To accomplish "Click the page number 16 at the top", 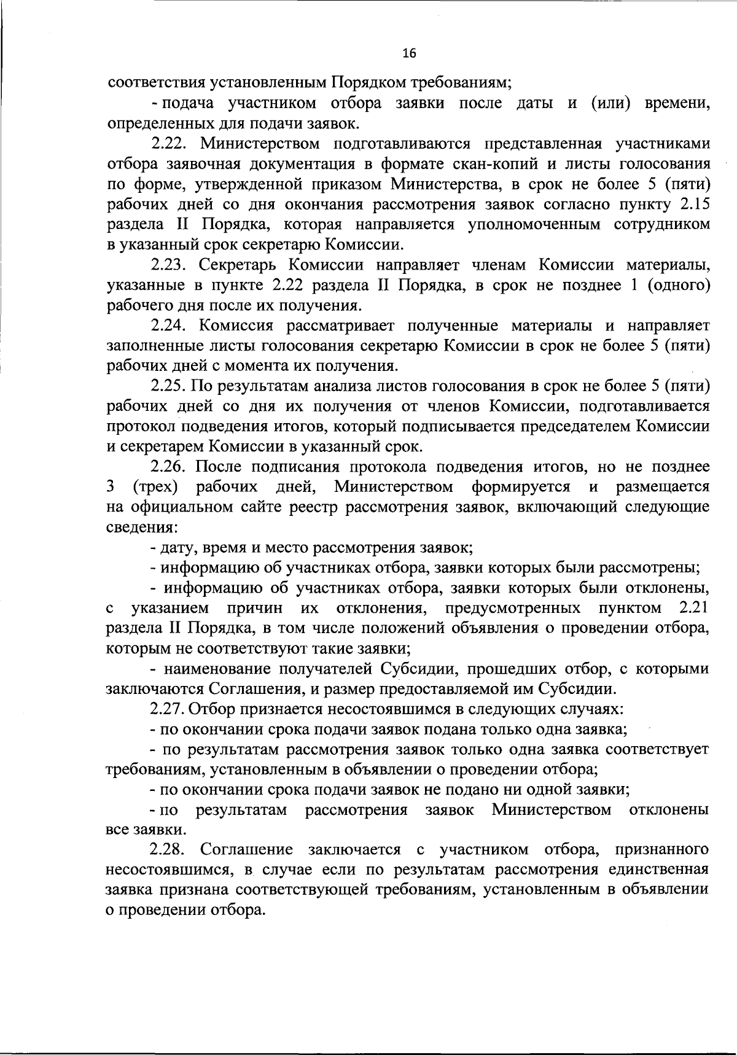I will point(409,54).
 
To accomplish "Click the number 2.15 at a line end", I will point(693,204).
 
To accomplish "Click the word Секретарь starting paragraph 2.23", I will point(235,265).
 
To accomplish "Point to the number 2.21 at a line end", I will point(693,609).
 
